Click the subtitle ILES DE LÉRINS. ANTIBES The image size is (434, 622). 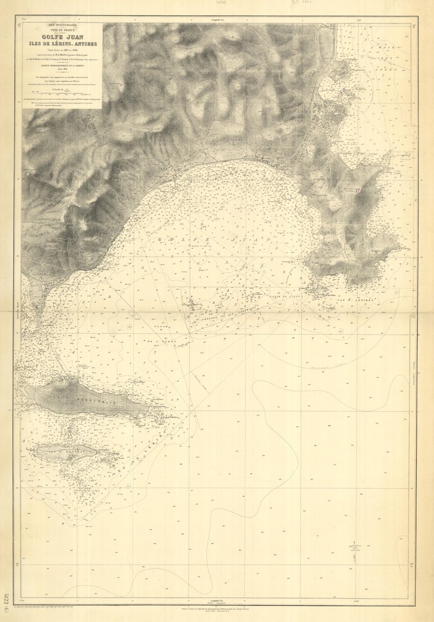pos(62,44)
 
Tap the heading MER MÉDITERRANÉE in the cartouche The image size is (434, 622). pos(62,24)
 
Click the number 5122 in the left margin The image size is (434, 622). pos(5,603)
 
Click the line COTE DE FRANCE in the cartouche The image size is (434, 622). pos(62,29)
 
